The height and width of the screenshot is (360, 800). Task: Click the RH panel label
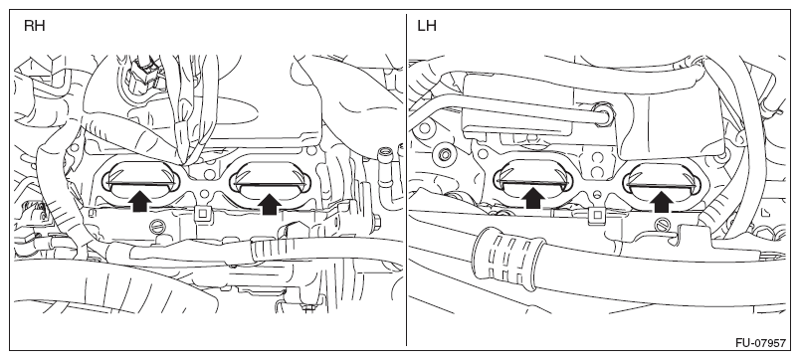click(x=34, y=26)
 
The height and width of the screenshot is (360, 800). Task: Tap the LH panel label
click(x=427, y=26)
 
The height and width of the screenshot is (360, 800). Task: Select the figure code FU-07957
click(x=760, y=343)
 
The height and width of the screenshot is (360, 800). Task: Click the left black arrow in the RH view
click(x=139, y=201)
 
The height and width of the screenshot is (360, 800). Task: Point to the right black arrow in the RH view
click(x=270, y=203)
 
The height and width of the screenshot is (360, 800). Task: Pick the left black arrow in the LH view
click(x=532, y=198)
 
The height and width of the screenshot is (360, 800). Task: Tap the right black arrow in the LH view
click(x=662, y=201)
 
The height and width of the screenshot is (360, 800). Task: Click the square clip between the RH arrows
click(x=202, y=214)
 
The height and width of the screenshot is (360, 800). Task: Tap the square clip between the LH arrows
click(x=596, y=216)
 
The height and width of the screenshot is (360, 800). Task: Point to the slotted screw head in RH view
click(x=157, y=226)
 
